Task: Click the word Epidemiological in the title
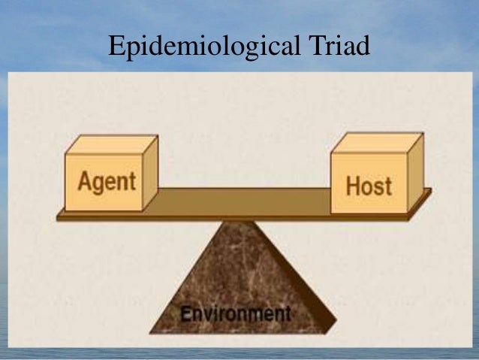[x=194, y=47]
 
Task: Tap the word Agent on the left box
[x=107, y=182]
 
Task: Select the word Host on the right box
[x=369, y=185]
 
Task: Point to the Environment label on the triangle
[x=235, y=313]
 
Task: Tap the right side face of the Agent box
[x=150, y=174]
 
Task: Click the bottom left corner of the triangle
[x=151, y=332]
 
